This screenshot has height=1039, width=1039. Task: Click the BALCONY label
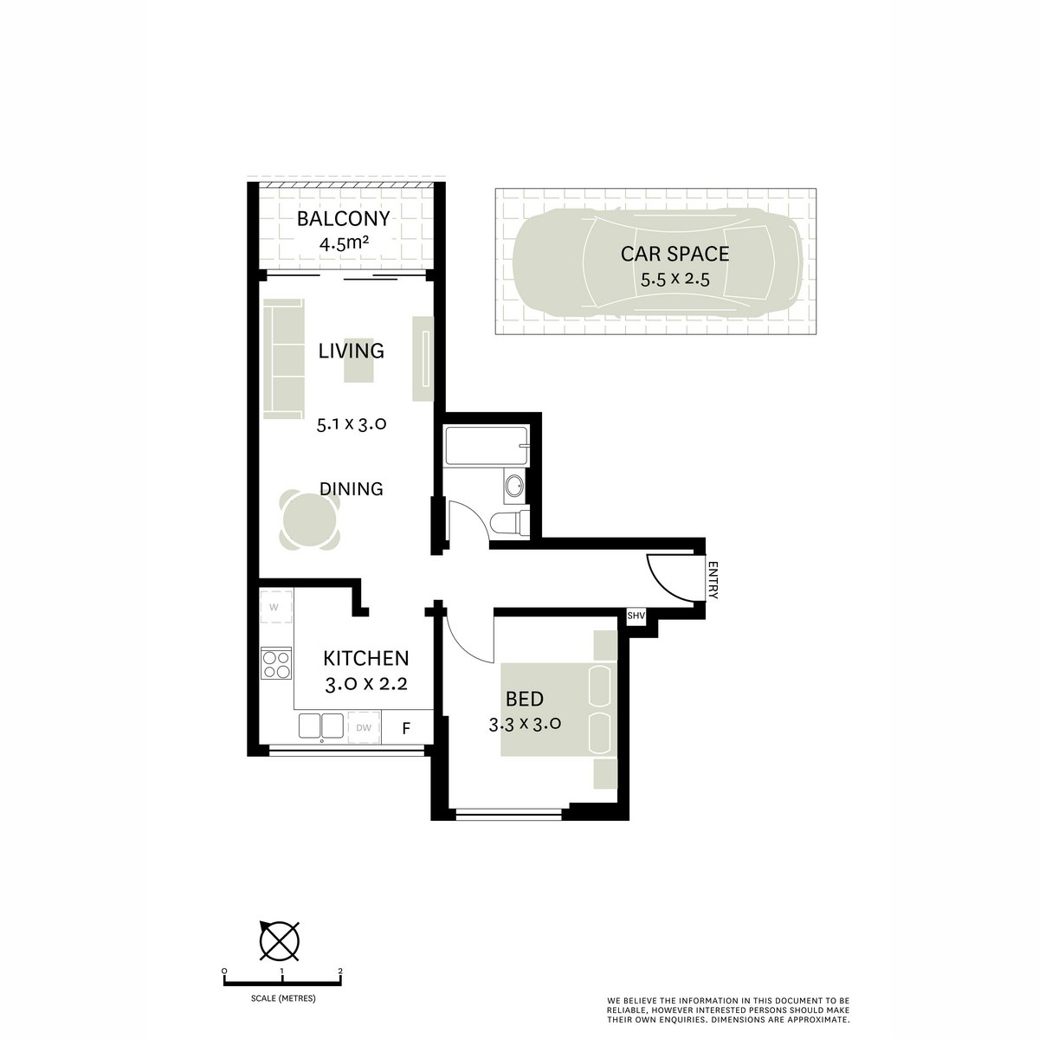tap(344, 218)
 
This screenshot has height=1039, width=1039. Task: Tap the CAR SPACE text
tap(674, 254)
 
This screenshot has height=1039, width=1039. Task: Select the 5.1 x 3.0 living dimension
tap(350, 424)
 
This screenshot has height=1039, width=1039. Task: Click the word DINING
tap(351, 488)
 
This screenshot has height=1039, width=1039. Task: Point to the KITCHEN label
tap(365, 658)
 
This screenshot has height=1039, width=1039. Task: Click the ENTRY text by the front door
tap(713, 580)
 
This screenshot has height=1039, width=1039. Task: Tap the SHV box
tap(636, 615)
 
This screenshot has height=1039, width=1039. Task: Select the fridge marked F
tap(406, 727)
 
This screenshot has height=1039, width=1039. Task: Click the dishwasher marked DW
tap(364, 727)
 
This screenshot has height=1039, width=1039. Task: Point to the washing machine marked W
tap(274, 606)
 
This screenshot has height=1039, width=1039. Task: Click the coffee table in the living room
tap(359, 359)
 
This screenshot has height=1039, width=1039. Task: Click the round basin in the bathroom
tap(513, 486)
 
